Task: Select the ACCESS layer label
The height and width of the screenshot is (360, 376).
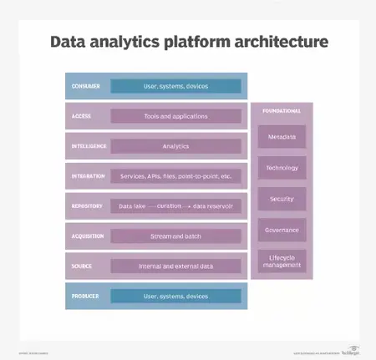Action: click(82, 116)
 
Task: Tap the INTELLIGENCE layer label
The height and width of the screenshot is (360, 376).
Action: click(89, 146)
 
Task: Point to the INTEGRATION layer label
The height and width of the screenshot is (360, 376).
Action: click(89, 176)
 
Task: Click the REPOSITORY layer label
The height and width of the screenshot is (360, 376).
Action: click(87, 206)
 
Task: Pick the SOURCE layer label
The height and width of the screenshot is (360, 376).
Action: click(82, 266)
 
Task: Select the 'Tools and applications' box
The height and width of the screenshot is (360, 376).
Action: click(175, 116)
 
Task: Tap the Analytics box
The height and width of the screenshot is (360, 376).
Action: click(175, 146)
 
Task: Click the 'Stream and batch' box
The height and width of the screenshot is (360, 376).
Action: click(175, 236)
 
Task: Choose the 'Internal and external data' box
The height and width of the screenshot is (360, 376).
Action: click(175, 266)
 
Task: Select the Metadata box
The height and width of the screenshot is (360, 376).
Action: click(282, 136)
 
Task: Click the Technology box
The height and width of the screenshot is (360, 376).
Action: click(282, 168)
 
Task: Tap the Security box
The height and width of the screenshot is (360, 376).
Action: click(282, 200)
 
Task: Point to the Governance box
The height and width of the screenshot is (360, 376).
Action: click(282, 230)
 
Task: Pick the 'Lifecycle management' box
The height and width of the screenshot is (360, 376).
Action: click(282, 261)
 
